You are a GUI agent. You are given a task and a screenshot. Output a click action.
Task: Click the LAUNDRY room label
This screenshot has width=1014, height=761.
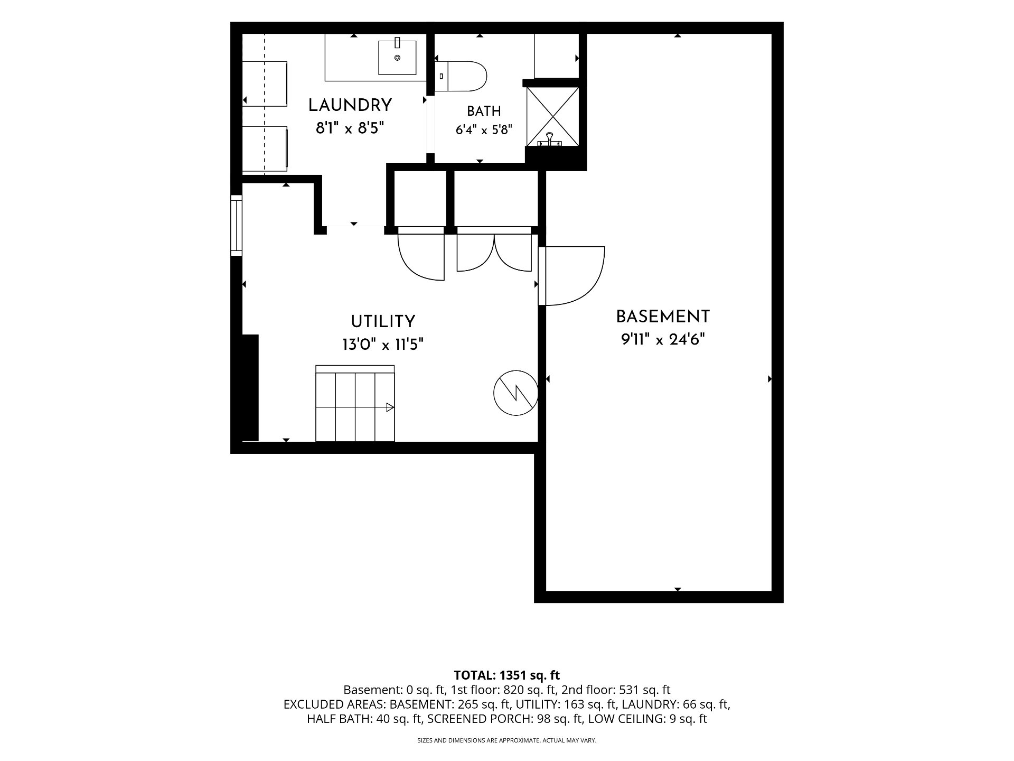pos(350,106)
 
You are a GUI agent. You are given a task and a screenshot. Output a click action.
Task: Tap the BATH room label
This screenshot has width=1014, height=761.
pos(484,111)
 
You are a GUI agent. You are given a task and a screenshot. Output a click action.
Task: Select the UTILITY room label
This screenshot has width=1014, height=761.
pos(383,321)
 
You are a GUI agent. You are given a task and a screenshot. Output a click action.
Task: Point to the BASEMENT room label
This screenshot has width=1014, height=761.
pos(663,317)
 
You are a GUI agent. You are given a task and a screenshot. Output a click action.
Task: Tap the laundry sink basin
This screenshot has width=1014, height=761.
pos(397,57)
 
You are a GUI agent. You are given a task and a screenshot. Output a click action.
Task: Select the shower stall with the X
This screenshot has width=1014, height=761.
pos(553,116)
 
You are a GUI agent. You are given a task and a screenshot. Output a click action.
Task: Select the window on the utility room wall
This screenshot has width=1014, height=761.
pos(236,226)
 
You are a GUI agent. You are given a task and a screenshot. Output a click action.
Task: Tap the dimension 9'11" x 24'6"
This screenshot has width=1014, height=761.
pos(663,339)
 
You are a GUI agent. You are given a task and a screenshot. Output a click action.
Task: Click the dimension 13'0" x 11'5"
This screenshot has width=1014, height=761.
pos(383,345)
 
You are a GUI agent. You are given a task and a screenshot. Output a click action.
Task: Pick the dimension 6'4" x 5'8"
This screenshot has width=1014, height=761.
pos(484,129)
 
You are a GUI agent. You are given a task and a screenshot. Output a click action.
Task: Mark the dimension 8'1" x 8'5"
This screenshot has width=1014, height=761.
pos(350,128)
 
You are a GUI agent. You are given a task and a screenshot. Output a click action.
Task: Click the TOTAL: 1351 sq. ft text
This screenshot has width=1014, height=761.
pos(507,675)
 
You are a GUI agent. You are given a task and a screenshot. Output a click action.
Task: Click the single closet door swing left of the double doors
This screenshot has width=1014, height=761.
pos(421,253)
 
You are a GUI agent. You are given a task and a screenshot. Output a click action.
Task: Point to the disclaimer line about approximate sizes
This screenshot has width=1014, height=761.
pos(507,740)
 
